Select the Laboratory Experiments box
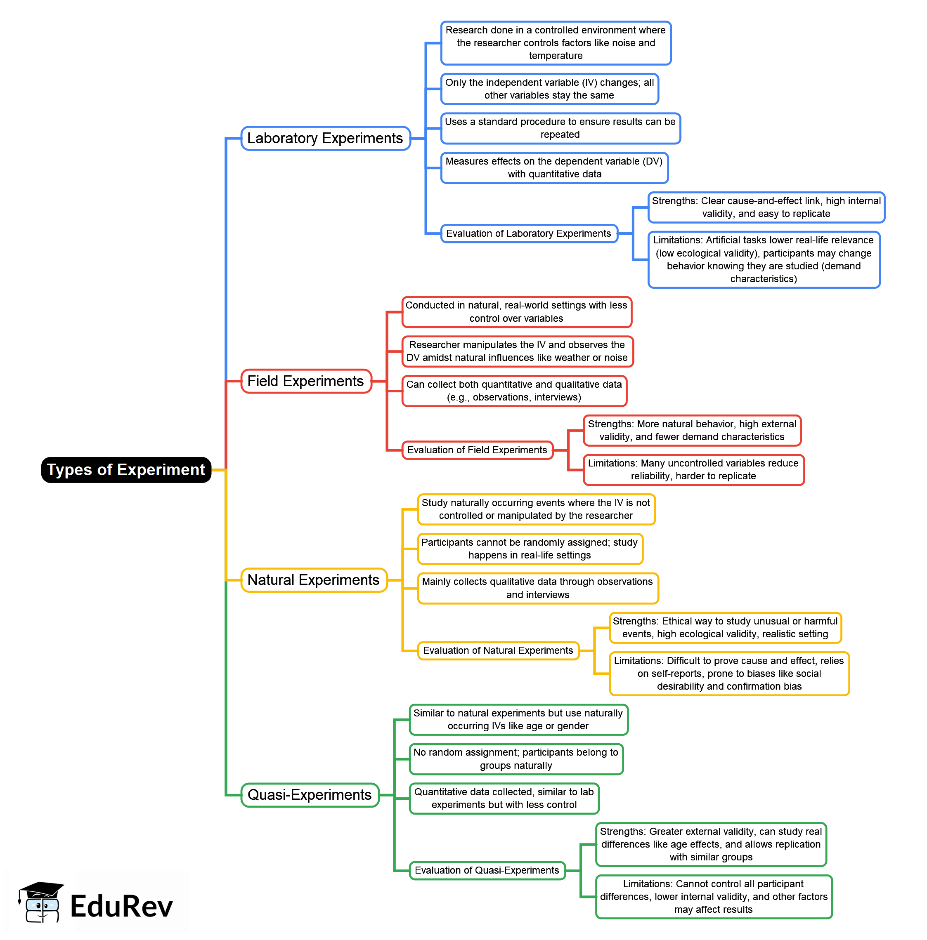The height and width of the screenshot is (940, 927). click(326, 138)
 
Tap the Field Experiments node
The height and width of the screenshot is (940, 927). click(306, 381)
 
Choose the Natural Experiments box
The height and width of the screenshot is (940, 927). click(314, 580)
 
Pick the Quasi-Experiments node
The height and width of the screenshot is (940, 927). click(310, 795)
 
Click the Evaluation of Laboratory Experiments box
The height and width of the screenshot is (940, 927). click(529, 233)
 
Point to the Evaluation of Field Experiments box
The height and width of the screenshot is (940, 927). click(478, 450)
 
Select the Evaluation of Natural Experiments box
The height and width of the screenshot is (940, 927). click(499, 650)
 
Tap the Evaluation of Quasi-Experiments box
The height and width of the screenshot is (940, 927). click(487, 870)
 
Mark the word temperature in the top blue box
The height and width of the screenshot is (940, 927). click(556, 56)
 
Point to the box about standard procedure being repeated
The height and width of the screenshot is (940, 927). click(560, 128)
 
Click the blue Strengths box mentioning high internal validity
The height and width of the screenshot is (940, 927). click(766, 207)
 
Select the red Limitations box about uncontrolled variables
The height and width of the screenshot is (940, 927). click(694, 470)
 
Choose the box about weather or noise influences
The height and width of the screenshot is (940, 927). click(518, 351)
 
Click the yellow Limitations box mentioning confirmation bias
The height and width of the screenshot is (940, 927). click(729, 674)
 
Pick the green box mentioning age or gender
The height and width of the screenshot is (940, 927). click(518, 720)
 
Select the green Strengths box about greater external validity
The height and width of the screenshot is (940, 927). click(711, 845)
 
